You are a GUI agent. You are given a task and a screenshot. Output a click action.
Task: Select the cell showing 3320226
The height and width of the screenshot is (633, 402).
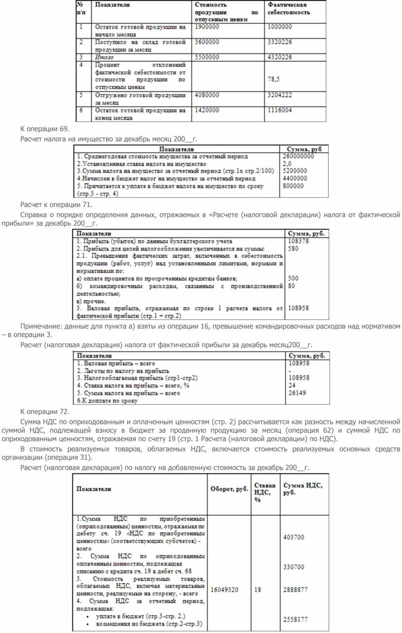[279, 42]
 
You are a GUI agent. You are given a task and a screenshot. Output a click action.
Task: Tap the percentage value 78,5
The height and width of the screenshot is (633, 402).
[273, 79]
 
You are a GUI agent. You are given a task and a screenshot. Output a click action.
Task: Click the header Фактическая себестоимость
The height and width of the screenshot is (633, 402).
[289, 8]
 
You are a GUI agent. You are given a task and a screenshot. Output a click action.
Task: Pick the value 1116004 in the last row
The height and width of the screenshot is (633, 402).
[279, 110]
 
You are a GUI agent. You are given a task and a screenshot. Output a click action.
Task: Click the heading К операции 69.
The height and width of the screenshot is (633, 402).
[44, 129]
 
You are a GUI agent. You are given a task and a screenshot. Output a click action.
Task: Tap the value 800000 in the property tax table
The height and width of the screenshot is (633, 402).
[295, 186]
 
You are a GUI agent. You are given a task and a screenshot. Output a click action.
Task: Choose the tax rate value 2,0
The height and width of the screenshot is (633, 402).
[287, 163]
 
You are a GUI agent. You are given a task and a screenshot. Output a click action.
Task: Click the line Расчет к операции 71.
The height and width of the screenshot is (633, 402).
[56, 204]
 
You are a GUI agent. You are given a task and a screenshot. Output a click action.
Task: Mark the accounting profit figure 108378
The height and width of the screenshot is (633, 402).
[298, 242]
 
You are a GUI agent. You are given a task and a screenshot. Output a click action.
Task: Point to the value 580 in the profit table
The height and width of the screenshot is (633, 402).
[293, 249]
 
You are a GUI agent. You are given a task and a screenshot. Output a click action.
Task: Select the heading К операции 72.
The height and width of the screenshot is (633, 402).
[44, 411]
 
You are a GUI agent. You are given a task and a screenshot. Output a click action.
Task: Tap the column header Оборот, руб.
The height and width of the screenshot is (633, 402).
[229, 489]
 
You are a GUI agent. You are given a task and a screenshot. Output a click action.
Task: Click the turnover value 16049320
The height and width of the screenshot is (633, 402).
[225, 590]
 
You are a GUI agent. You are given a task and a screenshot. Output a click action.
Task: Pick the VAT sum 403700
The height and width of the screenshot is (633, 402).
[294, 537]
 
